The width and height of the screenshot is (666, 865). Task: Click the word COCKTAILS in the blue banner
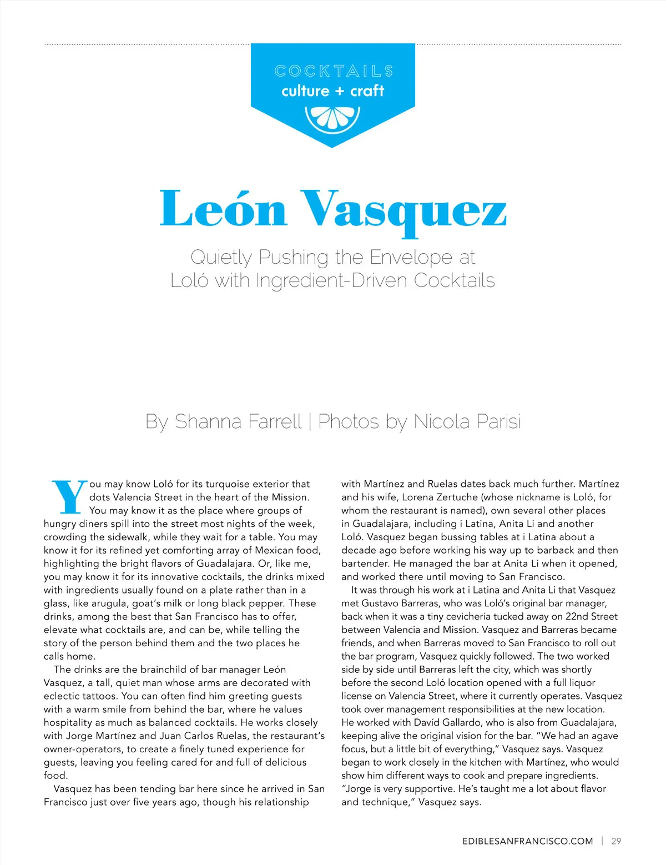tap(334, 71)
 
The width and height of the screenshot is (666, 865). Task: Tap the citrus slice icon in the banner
tap(332, 118)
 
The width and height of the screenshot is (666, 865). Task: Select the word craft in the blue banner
tap(367, 90)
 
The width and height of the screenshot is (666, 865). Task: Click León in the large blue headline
tap(223, 209)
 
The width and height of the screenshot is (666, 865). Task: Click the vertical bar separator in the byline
tap(309, 421)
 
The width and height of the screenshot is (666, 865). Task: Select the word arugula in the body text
tap(105, 604)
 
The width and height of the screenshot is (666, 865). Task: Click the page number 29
tap(616, 841)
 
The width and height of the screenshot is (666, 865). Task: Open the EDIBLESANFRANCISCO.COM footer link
tap(527, 841)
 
